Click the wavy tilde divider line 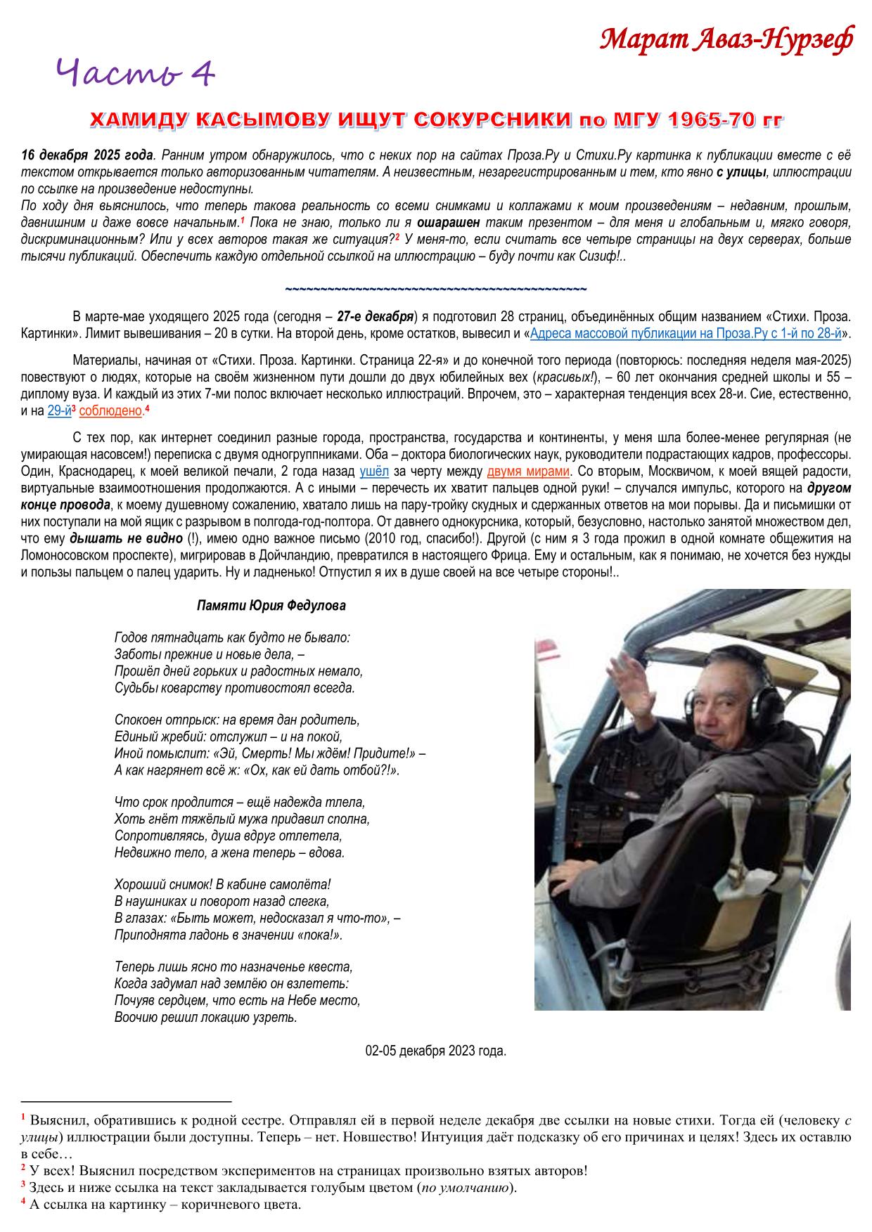(436, 289)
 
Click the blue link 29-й (58, 411)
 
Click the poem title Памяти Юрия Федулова (271, 605)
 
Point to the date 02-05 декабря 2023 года (436, 1051)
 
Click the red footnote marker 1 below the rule (24, 1117)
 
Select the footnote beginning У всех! (309, 1171)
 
